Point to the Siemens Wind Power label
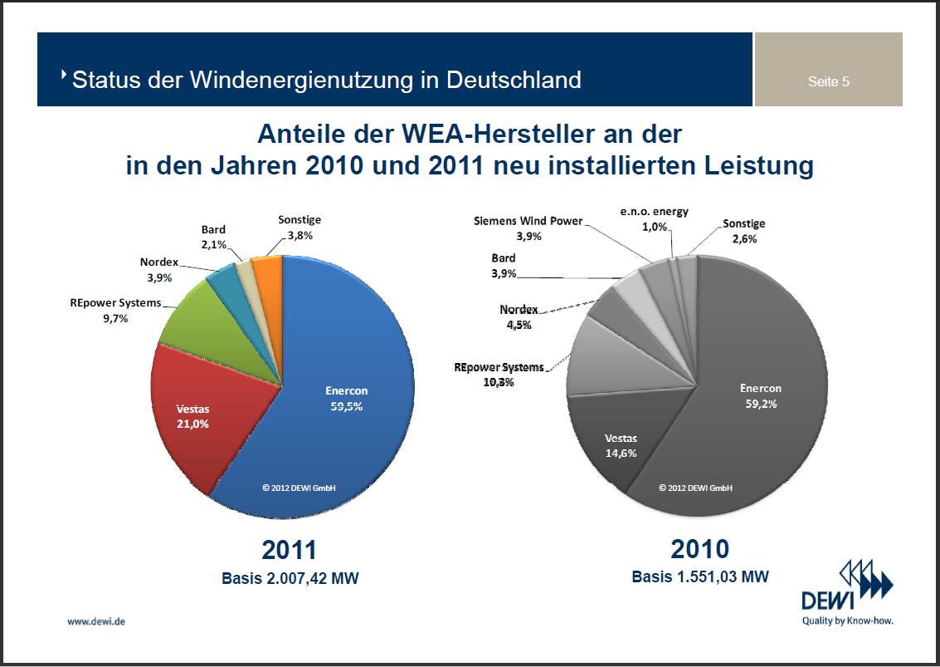pyautogui.click(x=528, y=228)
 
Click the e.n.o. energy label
pyautogui.click(x=654, y=218)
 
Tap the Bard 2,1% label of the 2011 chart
pyautogui.click(x=213, y=236)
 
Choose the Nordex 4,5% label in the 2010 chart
pyautogui.click(x=519, y=316)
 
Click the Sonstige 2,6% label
pyautogui.click(x=743, y=231)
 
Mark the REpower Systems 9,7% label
pyautogui.click(x=115, y=310)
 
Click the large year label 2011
pyautogui.click(x=290, y=550)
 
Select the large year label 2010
pyautogui.click(x=699, y=549)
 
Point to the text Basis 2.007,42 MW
pyautogui.click(x=290, y=578)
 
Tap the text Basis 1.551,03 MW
pyautogui.click(x=699, y=576)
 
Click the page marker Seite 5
pyautogui.click(x=828, y=81)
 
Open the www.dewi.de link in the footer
pyautogui.click(x=96, y=620)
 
